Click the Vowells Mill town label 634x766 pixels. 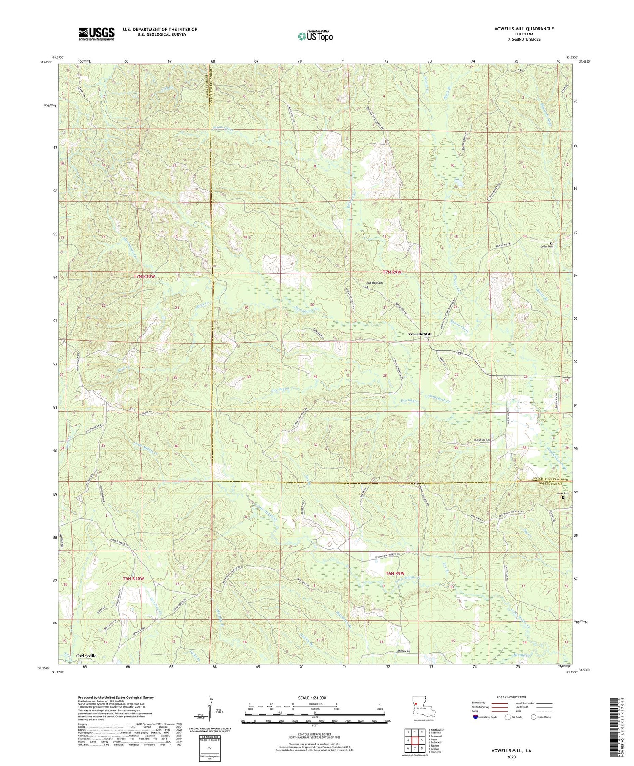point(419,334)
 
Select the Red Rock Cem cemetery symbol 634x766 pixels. point(366,287)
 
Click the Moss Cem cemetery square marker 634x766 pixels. point(563,497)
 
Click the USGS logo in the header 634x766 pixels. point(96,34)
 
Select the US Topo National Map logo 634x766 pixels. point(315,36)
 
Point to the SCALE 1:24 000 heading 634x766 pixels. point(314,698)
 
